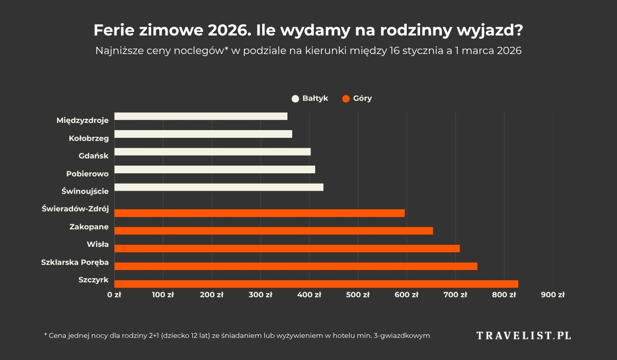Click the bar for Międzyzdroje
tap(201, 116)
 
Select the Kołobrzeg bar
tap(203, 134)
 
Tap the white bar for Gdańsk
tap(212, 152)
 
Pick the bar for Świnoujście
tap(219, 187)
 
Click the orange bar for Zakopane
tap(274, 231)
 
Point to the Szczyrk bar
tap(316, 284)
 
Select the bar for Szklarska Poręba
tap(296, 266)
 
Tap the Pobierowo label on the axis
tap(87, 174)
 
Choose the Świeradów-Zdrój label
tap(75, 209)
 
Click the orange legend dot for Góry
tap(346, 99)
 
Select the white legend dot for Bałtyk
tap(295, 99)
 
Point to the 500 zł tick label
tap(358, 295)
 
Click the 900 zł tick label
tap(553, 295)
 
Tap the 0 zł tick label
tap(114, 295)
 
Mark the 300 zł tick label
tap(261, 295)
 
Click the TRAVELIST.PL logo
tap(523, 336)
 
